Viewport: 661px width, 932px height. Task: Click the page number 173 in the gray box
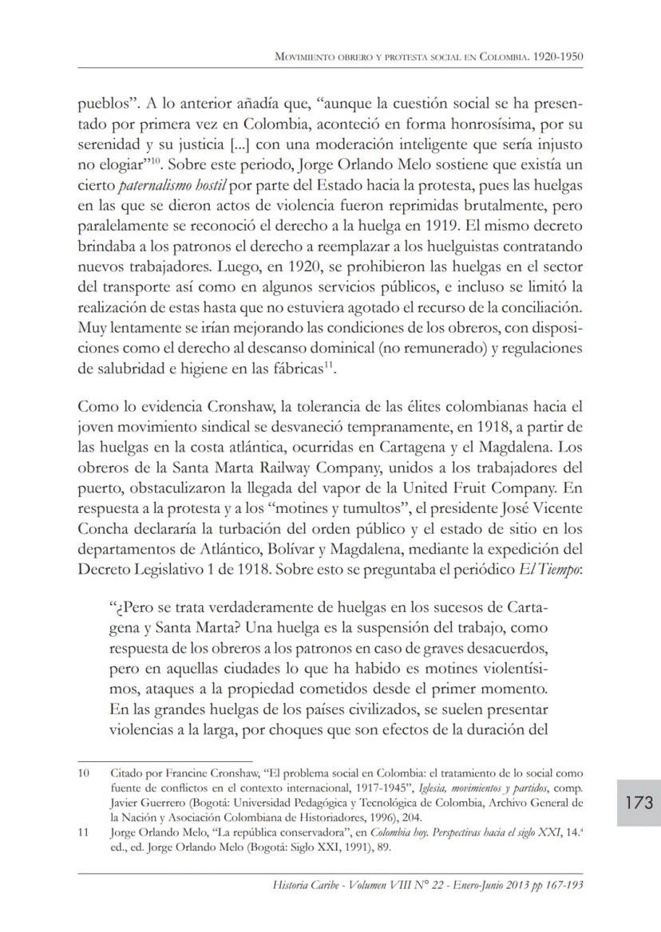[639, 802]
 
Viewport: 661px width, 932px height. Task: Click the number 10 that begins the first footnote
[84, 773]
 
